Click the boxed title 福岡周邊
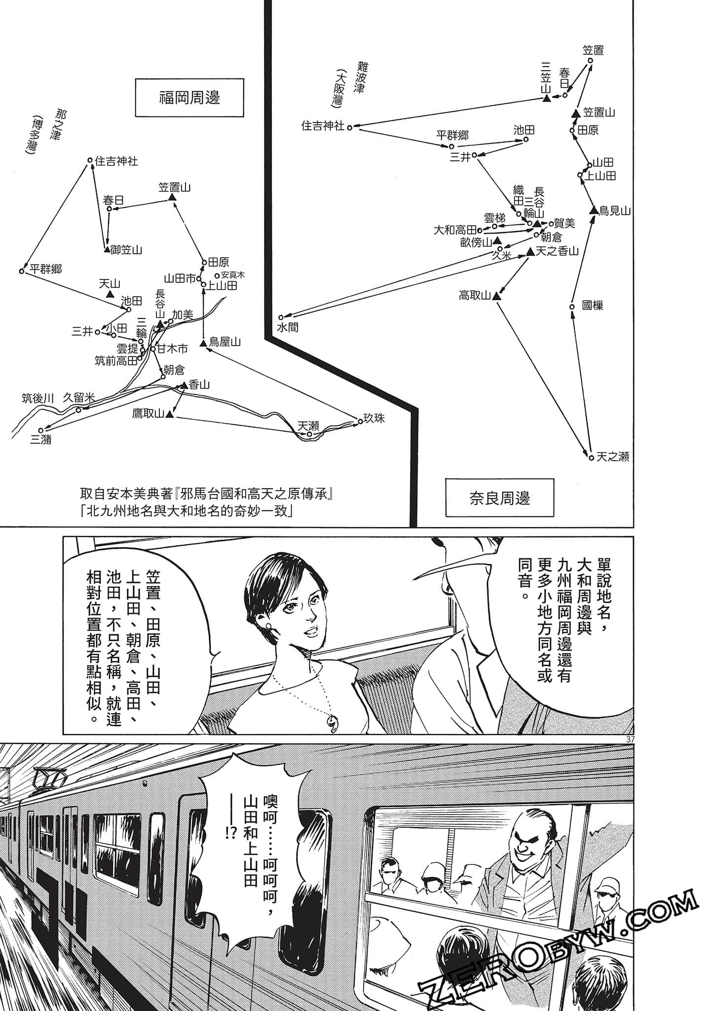(189, 97)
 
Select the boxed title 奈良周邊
(499, 498)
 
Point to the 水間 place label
(288, 327)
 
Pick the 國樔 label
(592, 306)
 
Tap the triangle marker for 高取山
(496, 296)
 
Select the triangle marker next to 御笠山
(107, 250)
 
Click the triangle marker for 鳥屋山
(203, 343)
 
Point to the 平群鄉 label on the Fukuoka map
(45, 269)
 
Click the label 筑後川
(37, 398)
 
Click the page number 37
(629, 739)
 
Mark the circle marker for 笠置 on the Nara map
(590, 61)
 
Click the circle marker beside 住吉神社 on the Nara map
(349, 127)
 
